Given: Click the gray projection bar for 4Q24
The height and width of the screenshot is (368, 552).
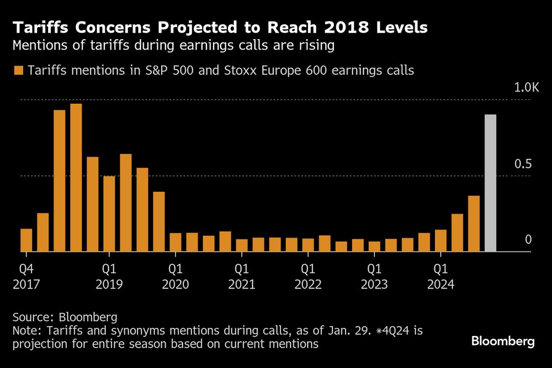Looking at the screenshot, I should coord(490,183).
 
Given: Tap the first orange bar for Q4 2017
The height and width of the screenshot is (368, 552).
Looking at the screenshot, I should coord(26,240).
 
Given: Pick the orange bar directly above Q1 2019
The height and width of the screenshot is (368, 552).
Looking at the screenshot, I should coord(109,214).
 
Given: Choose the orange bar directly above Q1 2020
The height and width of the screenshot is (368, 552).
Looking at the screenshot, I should coord(176,242).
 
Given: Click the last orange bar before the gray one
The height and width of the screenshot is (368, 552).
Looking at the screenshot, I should coord(474,223).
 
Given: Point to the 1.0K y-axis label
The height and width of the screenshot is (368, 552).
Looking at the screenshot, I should coord(526,88).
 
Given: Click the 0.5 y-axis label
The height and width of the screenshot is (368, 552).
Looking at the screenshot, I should coord(522,164).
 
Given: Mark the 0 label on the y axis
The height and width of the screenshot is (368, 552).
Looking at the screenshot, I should coord(528,239).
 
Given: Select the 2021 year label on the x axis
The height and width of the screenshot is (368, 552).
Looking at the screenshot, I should coord(241,285).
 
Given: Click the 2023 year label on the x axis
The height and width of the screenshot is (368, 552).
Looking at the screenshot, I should coord(374,285).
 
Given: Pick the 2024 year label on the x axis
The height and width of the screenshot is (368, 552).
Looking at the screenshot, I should coord(440,285).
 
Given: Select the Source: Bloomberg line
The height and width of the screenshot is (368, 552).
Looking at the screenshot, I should coord(65,317).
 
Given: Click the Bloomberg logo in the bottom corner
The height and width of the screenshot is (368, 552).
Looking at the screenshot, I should coord(503,342).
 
